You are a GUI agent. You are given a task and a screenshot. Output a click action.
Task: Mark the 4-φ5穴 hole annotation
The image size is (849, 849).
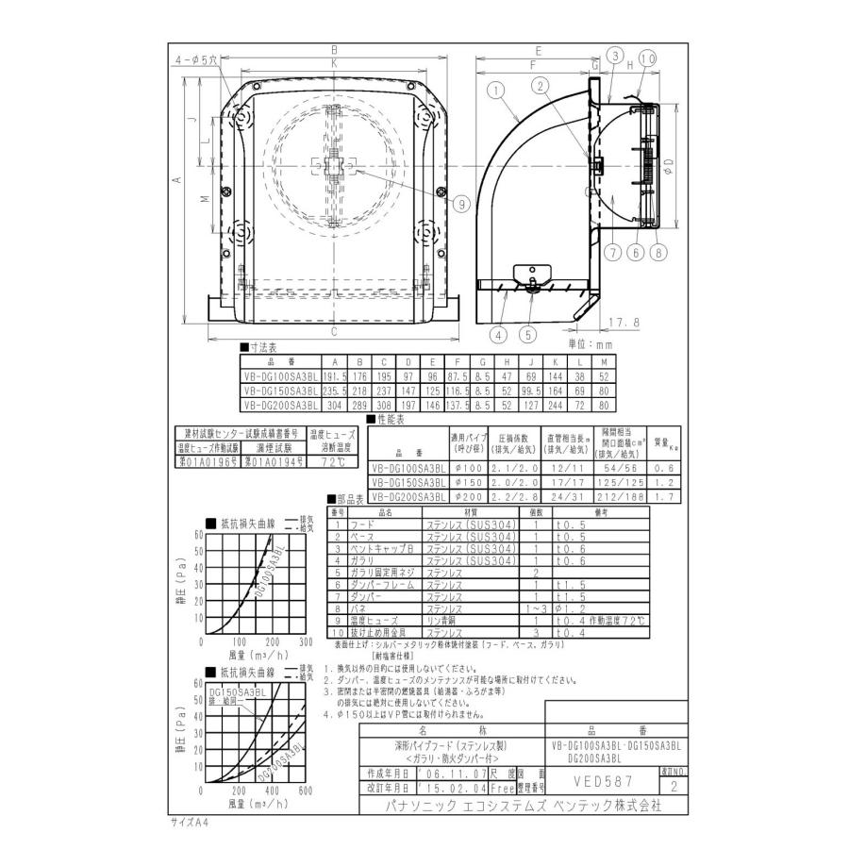click(x=195, y=58)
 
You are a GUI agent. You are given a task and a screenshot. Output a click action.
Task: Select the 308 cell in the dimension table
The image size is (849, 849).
click(x=381, y=403)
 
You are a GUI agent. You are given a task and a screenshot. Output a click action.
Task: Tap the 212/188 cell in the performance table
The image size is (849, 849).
click(x=621, y=493)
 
